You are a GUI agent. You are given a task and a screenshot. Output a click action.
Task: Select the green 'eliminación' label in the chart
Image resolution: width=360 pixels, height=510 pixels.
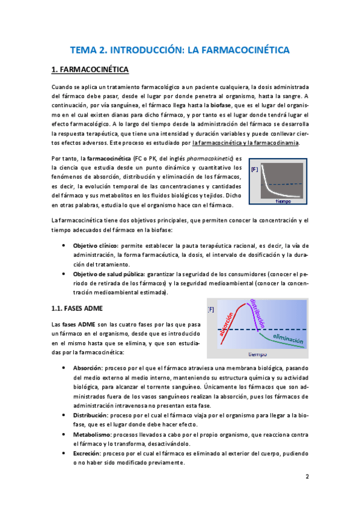tap(284, 340)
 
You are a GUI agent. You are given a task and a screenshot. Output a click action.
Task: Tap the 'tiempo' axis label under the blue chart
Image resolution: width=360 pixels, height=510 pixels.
tap(257, 354)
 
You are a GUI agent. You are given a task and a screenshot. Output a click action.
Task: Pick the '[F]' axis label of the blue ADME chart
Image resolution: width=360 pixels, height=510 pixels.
tap(211, 310)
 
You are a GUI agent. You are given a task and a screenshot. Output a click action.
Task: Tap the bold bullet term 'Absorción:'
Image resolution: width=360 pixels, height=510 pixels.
tap(87, 367)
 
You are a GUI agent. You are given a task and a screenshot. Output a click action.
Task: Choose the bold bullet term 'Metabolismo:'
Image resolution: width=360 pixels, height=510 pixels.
tap(91, 433)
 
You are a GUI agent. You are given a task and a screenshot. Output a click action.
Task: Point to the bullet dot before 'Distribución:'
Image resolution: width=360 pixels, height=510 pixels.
tap(64, 414)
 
